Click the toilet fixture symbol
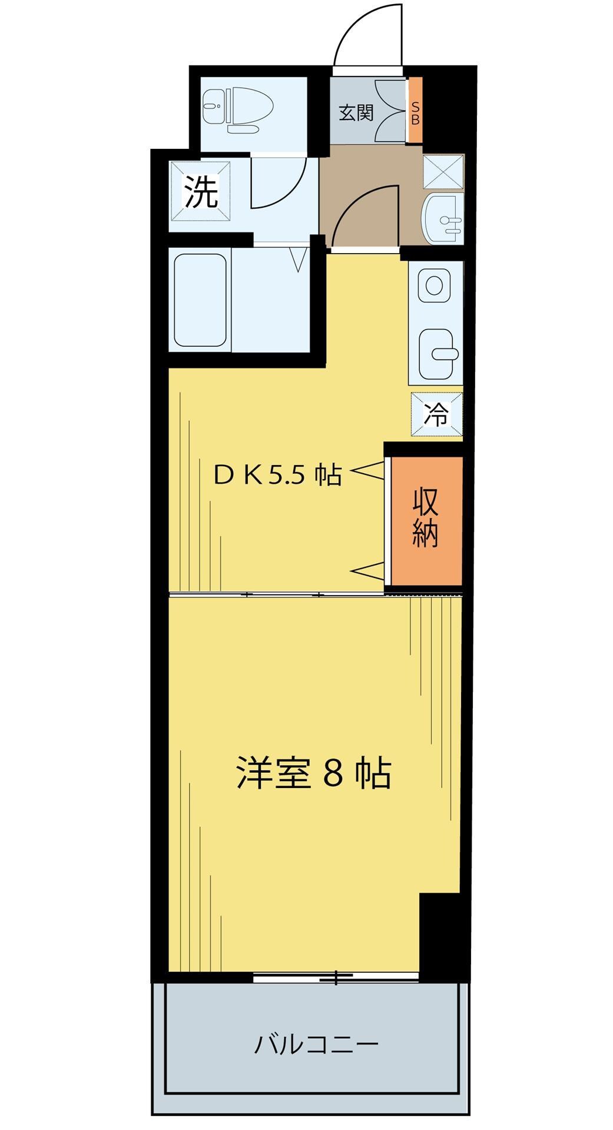[238, 106]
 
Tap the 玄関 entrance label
[356, 112]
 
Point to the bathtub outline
[200, 300]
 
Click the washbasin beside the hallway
[443, 218]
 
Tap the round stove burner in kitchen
[435, 285]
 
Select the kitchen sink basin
[436, 353]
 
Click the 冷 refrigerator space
[437, 414]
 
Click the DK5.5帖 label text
[277, 474]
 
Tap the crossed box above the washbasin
[443, 171]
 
